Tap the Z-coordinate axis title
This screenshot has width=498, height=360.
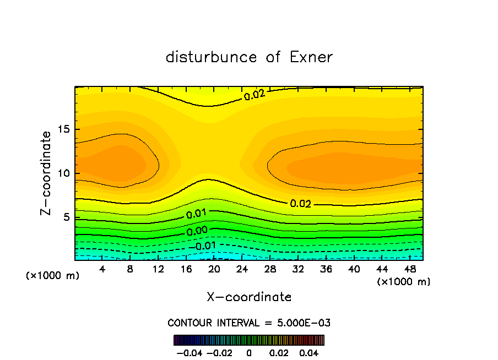tap(47, 173)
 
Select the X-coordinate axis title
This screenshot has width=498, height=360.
tap(249, 297)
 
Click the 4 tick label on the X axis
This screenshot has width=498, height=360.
tap(102, 269)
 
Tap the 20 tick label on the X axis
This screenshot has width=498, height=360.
tap(214, 269)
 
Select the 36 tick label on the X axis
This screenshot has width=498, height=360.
tap(326, 269)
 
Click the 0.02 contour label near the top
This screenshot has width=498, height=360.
tap(255, 95)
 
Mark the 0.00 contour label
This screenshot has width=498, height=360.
tap(197, 232)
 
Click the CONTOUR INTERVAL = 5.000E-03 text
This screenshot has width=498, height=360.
tap(249, 323)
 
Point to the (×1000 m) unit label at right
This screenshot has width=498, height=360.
tap(404, 282)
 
